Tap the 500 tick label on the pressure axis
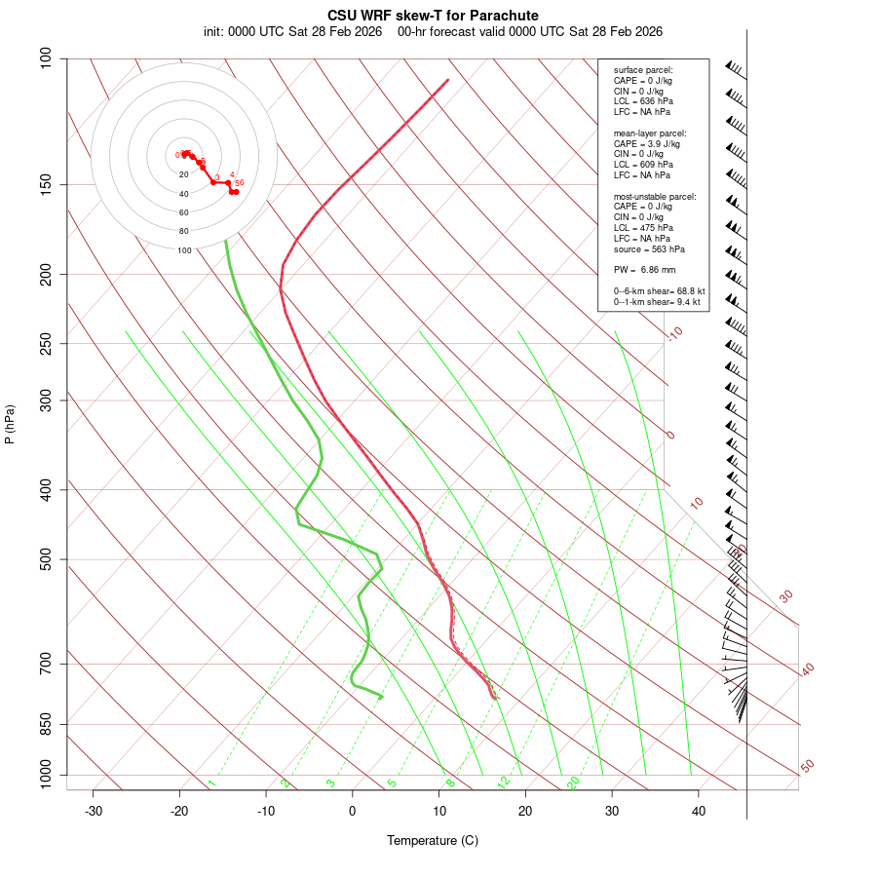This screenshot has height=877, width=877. coord(47,559)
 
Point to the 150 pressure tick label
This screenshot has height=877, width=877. coord(47,184)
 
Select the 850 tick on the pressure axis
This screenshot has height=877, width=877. coord(47,724)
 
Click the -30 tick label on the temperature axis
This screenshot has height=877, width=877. coord(94,811)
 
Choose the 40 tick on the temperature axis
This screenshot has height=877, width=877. coord(699,811)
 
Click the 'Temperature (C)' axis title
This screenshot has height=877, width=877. coord(433,840)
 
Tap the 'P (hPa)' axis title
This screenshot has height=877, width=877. coord(10,425)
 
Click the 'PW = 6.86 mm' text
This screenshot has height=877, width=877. coord(644,269)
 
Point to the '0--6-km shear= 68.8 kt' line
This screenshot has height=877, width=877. coord(659,291)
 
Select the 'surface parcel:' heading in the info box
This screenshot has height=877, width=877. coord(643,70)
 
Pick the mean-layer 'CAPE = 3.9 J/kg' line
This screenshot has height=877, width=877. coord(646,143)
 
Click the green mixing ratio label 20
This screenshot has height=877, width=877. coord(573,782)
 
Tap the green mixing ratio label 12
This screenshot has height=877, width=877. coord(504,782)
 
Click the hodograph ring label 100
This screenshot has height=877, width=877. coord(184,250)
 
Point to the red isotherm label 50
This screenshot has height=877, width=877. coord(807,767)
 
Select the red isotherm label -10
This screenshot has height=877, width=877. coord(673,333)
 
